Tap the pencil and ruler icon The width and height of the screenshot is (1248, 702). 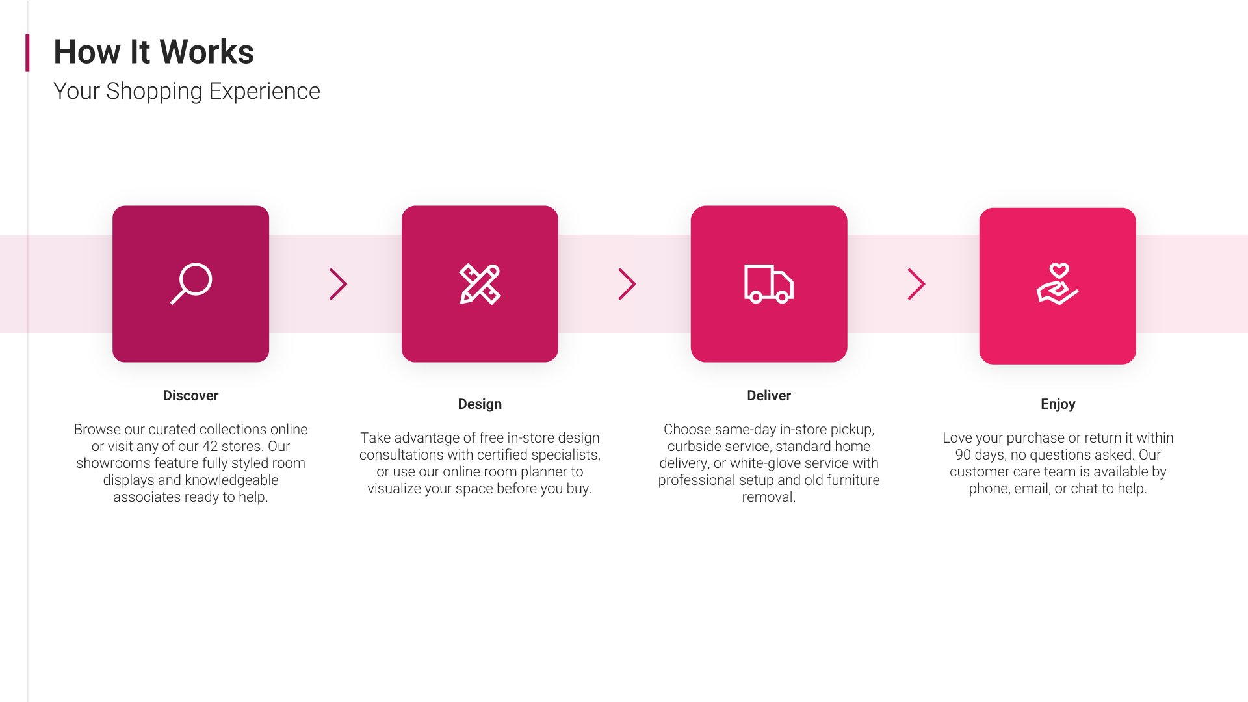point(480,284)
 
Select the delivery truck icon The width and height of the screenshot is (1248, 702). point(769,284)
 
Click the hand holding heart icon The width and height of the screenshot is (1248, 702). point(1058,284)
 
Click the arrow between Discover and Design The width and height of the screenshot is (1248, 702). point(339,284)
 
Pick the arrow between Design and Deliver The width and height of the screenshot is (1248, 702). point(627,284)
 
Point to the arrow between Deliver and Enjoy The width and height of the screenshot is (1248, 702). point(916,284)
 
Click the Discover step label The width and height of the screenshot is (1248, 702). point(190,396)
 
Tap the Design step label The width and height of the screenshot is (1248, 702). point(480,404)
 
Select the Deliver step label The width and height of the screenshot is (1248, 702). point(769,396)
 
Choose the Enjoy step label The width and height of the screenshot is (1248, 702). point(1058,404)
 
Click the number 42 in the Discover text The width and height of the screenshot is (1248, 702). point(210,447)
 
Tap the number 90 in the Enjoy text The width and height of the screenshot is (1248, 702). point(963,455)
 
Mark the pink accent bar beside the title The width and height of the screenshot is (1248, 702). point(27,53)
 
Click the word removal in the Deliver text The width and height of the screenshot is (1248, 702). point(768,497)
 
